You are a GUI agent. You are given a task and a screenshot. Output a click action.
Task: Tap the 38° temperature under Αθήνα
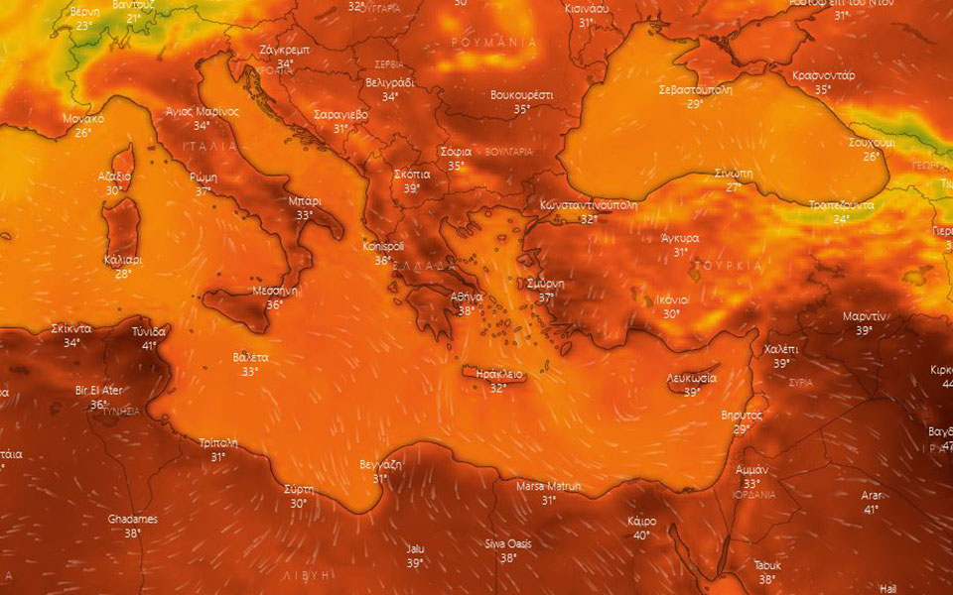point(466,310)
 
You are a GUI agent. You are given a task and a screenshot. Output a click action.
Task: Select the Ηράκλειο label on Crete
point(499,374)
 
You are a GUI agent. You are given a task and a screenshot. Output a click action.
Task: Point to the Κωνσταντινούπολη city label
point(589,205)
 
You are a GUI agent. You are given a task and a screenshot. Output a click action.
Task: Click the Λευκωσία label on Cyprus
point(693,379)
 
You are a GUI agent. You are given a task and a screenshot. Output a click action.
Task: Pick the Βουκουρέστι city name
point(522,95)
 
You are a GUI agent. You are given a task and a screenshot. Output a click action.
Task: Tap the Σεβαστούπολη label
point(696,89)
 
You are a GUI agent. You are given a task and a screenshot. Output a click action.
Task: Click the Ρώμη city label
point(204,178)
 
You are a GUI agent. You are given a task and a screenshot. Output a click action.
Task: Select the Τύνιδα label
point(149,331)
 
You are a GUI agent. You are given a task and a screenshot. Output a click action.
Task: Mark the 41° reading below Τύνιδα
point(149,345)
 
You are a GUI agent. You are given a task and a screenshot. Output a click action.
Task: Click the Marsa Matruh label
point(549,486)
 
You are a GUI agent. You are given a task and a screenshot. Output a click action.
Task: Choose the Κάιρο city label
point(642,522)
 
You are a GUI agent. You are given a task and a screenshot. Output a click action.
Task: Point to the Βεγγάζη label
point(380,464)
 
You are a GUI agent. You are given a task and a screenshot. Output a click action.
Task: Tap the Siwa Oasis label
point(508,544)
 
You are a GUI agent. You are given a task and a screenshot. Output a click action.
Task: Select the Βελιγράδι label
point(390,82)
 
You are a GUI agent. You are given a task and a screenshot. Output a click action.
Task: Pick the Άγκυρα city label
point(681,238)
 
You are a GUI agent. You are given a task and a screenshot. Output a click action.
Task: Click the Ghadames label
point(133,519)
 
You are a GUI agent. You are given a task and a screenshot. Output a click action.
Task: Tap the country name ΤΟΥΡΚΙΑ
point(730,266)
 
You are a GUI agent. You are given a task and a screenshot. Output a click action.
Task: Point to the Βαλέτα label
point(250,357)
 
